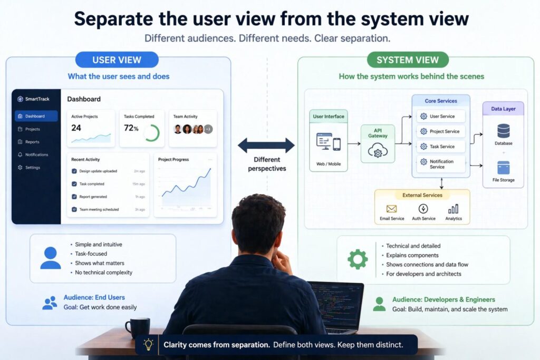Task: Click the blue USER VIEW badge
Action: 117,60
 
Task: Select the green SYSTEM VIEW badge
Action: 408,60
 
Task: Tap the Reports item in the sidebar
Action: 32,142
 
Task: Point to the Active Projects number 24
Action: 76,128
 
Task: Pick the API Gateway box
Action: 378,143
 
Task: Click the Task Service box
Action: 441,147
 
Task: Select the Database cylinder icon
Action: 503,131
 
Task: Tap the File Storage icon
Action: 503,168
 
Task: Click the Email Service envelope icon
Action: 391,209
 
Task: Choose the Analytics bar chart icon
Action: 453,209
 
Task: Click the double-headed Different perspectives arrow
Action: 266,145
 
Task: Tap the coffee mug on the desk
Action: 137,327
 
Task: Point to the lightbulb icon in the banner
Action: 149,345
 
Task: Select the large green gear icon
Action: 357,259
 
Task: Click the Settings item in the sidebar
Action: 32,168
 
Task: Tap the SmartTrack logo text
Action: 36,99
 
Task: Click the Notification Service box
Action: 441,164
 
